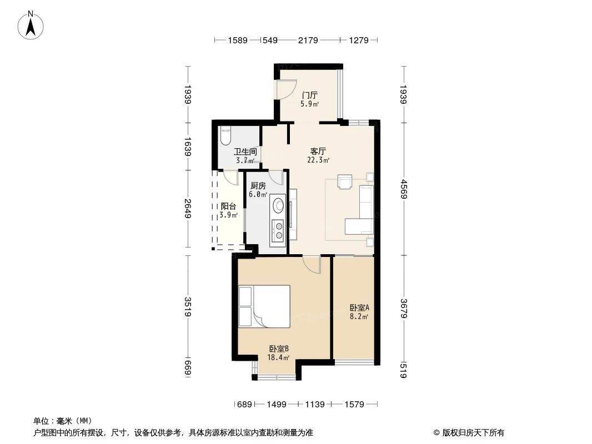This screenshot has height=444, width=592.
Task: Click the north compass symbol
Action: [x=31, y=25]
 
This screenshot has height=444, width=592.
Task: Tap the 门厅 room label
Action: [x=309, y=95]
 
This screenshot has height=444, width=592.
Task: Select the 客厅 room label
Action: [x=318, y=151]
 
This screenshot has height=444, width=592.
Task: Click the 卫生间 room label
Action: [x=245, y=152]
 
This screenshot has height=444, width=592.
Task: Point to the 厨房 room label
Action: [x=258, y=186]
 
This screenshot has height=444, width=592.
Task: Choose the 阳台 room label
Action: [x=228, y=206]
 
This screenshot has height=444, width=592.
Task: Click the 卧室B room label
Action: [x=279, y=349]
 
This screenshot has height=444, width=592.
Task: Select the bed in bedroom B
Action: [x=264, y=306]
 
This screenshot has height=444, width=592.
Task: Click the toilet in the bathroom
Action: [x=225, y=135]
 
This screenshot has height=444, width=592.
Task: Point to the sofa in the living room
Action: [x=366, y=202]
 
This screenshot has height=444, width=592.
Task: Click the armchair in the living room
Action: [x=345, y=182]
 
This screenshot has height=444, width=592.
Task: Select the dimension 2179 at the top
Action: [x=308, y=40]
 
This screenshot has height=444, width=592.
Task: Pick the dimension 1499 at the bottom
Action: [x=276, y=405]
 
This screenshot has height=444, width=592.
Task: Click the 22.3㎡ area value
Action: [x=318, y=160]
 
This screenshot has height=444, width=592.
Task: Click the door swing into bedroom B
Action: [x=313, y=264]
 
